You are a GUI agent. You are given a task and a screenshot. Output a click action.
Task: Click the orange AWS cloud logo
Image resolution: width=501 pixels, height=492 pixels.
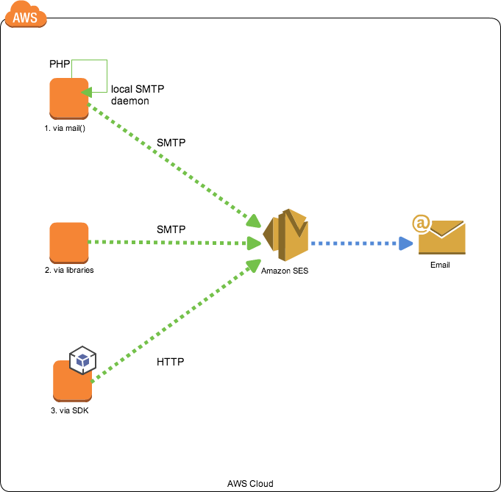25,15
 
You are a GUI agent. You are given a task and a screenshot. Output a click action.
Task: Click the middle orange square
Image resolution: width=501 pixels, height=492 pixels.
68,243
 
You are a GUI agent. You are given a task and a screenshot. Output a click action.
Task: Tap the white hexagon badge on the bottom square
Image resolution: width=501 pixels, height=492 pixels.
82,360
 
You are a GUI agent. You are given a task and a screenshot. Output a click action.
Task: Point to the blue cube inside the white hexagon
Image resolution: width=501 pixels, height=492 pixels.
82,360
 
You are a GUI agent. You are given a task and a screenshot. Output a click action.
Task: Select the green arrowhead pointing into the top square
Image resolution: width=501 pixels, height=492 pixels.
85,92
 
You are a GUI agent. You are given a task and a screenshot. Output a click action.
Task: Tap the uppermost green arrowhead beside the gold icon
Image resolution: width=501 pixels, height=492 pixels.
254,221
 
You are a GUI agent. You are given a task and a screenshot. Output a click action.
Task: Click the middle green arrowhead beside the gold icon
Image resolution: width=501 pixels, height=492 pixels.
254,243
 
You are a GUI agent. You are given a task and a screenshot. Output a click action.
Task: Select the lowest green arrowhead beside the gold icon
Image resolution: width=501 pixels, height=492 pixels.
254,265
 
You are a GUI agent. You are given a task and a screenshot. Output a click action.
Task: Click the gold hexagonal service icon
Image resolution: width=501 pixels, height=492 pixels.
287,235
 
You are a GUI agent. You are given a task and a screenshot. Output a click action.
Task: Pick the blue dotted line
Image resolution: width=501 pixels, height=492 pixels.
353,243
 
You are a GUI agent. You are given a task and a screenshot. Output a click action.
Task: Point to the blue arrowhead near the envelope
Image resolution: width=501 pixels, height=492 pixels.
406,243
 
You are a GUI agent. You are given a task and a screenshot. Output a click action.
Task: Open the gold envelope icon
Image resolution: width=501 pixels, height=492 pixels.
442,239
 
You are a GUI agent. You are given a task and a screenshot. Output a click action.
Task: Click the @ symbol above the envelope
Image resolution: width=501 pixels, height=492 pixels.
421,223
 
